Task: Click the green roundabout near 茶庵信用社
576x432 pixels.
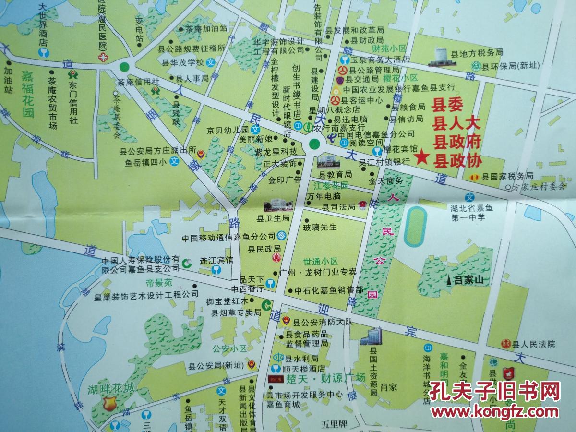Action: coord(124,67)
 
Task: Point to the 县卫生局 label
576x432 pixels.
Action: coord(273,218)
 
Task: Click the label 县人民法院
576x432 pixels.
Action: coord(533,344)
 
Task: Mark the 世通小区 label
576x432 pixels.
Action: coord(321,262)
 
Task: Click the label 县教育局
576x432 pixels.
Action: coord(336,175)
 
